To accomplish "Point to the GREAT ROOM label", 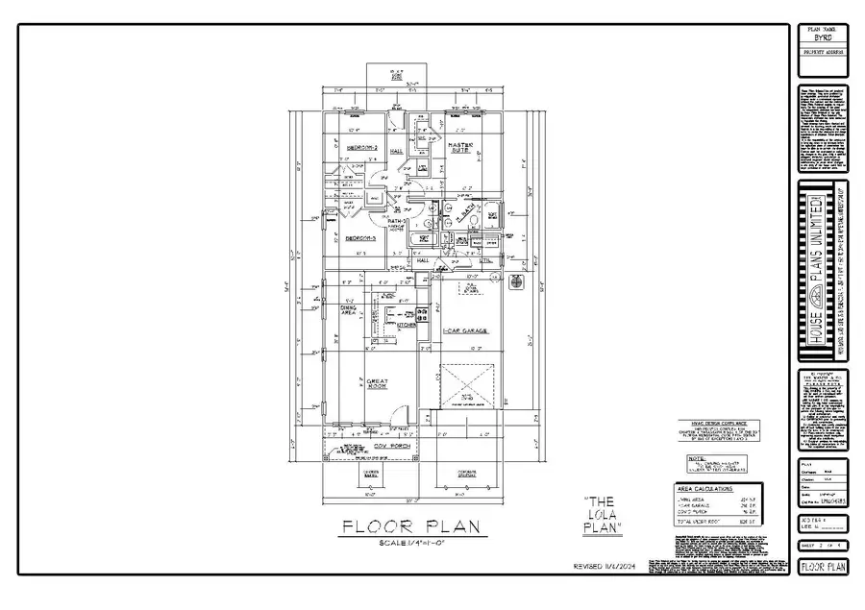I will [x=376, y=383].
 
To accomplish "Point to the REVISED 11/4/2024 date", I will [x=604, y=566].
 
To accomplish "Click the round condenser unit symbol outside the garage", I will [x=515, y=283].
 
